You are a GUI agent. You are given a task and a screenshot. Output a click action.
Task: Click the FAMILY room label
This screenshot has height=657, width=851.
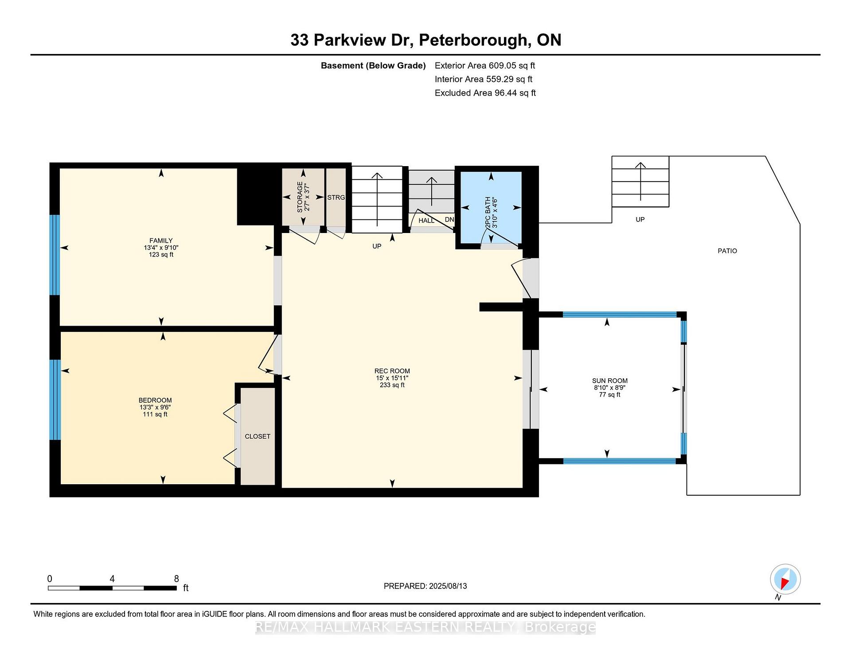pyautogui.click(x=161, y=241)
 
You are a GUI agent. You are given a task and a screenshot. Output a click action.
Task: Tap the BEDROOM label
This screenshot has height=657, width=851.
pyautogui.click(x=155, y=400)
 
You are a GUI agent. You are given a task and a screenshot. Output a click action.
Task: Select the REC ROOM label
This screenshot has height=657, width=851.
pyautogui.click(x=392, y=371)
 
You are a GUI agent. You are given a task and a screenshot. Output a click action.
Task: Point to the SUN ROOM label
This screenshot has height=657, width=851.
pyautogui.click(x=610, y=381)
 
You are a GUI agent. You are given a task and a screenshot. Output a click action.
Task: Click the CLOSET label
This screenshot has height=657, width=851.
pyautogui.click(x=258, y=436)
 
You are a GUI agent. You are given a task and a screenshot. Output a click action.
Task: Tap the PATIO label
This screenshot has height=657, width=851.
pyautogui.click(x=727, y=251)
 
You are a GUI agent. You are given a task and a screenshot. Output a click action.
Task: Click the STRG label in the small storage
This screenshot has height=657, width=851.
pyautogui.click(x=336, y=198)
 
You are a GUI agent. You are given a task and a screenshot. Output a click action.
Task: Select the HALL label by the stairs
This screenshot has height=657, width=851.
pyautogui.click(x=426, y=220)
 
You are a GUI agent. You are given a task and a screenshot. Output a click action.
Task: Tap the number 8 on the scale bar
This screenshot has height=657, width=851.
pyautogui.click(x=176, y=579)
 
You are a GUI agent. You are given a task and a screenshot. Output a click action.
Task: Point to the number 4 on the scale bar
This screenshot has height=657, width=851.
pyautogui.click(x=112, y=579)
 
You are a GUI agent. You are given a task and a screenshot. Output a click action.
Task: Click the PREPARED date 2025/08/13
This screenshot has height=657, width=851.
pyautogui.click(x=448, y=586)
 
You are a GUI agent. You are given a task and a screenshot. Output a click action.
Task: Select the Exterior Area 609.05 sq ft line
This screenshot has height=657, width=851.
pyautogui.click(x=485, y=66)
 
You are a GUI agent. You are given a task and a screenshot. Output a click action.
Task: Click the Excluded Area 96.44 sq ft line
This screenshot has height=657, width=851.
pyautogui.click(x=485, y=93)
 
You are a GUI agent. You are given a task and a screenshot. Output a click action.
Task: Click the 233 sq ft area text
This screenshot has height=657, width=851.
pyautogui.click(x=392, y=385)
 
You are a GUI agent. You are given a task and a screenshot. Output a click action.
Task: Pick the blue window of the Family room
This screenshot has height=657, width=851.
pyautogui.click(x=55, y=255)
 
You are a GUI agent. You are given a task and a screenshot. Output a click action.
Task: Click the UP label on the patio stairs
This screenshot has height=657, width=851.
pyautogui.click(x=640, y=219)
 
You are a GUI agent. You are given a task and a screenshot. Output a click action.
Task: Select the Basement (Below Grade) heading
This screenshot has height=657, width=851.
pyautogui.click(x=373, y=66)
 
